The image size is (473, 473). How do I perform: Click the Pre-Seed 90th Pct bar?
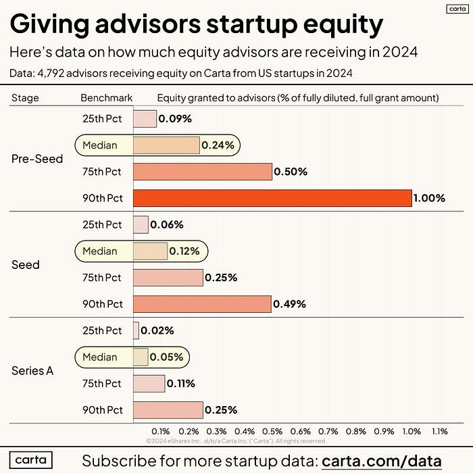tap(272, 198)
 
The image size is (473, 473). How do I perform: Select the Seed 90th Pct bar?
tap(202, 304)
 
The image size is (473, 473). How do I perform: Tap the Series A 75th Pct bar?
tap(149, 383)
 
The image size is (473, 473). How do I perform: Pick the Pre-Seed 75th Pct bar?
tap(203, 172)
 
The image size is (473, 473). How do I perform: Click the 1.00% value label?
tap(430, 198)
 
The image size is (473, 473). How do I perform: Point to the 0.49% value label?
tap(289, 304)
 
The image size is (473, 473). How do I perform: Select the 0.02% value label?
tap(157, 330)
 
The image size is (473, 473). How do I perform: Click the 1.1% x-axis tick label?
tap(439, 430)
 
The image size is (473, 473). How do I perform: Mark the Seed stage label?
tap(26, 264)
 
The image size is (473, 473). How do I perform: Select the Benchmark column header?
tap(107, 98)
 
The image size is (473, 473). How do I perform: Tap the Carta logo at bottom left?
tap(31, 460)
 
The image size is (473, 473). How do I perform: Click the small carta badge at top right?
tap(457, 9)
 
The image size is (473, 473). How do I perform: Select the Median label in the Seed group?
tap(100, 251)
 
